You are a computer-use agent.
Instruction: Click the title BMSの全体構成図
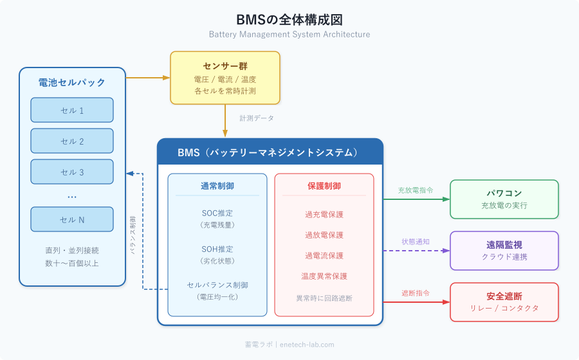pos(289,19)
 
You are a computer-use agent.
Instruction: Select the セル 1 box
pos(72,110)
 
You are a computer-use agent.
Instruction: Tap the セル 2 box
pos(72,141)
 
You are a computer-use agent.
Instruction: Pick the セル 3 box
pos(72,172)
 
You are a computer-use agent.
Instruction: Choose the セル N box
pos(72,219)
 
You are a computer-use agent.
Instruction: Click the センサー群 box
pos(225,78)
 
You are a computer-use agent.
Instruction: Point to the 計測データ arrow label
pos(257,118)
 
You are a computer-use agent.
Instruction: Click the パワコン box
pos(504,199)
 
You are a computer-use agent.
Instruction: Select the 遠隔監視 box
pos(504,250)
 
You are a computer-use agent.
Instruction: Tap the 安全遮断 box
pos(504,301)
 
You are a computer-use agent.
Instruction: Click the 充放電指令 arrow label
pos(416,190)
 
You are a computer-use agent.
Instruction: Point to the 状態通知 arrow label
pos(416,241)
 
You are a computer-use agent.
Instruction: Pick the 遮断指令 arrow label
pos(416,292)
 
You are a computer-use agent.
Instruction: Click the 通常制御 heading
pos(217,186)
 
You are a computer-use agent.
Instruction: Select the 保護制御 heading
pos(324,186)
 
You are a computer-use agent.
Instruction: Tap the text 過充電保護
pos(324,214)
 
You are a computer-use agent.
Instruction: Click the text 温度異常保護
pos(324,276)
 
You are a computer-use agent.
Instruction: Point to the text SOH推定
pos(217,249)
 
